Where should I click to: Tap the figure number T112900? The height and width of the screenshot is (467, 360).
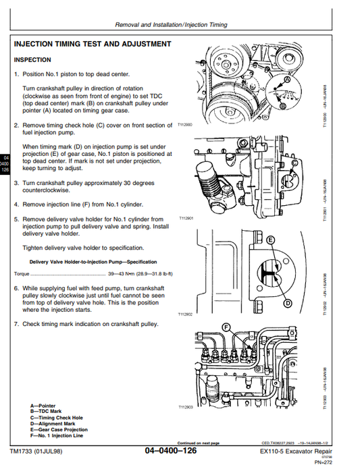click(186, 125)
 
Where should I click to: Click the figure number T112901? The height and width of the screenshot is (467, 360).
click(186, 219)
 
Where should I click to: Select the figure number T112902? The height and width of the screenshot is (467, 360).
click(186, 314)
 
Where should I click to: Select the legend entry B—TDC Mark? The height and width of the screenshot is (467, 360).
click(47, 410)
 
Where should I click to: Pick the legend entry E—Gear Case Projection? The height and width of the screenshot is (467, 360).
click(59, 429)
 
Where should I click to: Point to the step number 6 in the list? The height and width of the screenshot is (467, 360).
click(16, 287)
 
